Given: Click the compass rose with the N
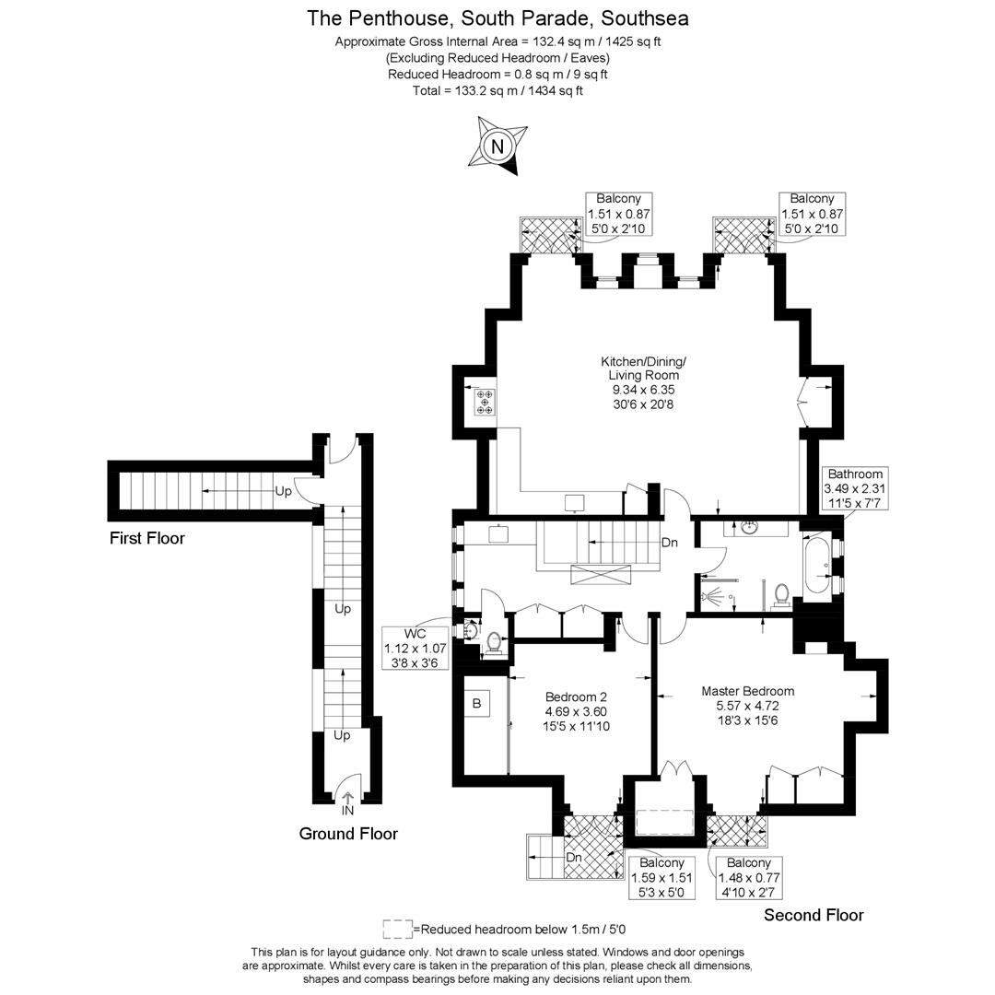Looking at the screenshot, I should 497,146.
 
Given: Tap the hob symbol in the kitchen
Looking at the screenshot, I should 485,403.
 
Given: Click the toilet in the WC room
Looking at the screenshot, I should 493,642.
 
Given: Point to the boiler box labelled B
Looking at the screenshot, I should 476,704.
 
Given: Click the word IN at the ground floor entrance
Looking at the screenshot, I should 347,811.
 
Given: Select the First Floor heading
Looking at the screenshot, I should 147,538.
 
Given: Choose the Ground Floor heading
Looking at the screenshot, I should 348,834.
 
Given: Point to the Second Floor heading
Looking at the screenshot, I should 814,915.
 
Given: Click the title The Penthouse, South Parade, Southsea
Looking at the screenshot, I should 497,18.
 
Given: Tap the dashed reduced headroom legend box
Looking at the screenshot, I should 397,929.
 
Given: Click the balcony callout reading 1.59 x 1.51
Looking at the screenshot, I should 661,878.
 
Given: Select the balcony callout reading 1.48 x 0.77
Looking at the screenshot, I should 748,878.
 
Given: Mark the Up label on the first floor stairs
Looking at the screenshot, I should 283,491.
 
